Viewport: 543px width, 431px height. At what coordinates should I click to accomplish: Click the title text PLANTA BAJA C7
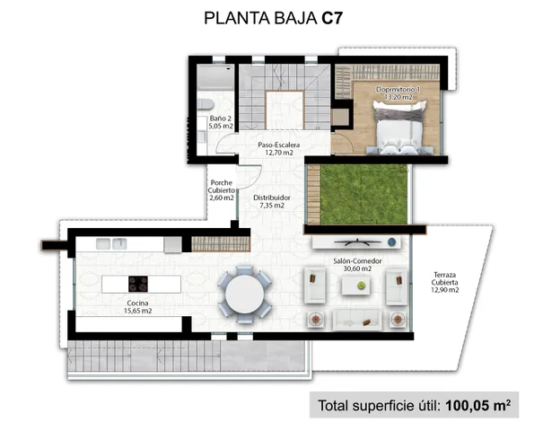270,17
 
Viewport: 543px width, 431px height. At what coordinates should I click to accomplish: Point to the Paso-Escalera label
279,149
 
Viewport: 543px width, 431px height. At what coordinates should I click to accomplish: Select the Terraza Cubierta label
444,284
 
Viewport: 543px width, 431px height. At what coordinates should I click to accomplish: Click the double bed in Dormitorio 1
397,128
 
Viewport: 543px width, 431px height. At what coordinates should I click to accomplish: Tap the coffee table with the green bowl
359,285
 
